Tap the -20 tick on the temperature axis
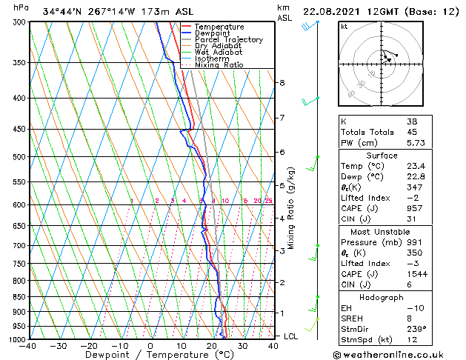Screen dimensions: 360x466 point(88,346)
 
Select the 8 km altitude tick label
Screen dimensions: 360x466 point(282,83)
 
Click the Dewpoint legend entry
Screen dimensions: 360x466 point(212,33)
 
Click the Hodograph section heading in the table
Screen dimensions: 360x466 point(382,296)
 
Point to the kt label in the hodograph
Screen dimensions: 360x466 point(344,27)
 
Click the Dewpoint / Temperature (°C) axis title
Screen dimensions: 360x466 point(150,355)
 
